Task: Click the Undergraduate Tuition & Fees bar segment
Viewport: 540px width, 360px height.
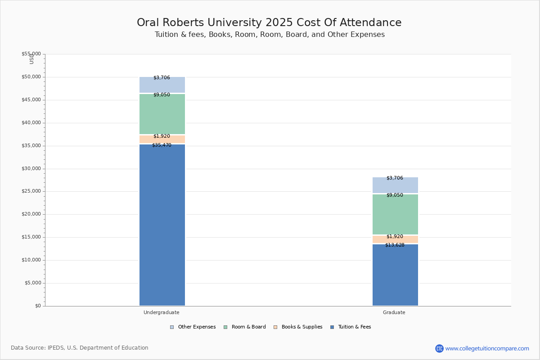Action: tap(162, 225)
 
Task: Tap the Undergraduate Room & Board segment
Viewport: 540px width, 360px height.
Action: tap(162, 115)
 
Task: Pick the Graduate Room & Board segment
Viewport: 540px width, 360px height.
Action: tap(395, 215)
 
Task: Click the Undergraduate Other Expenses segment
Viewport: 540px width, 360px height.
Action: tap(162, 85)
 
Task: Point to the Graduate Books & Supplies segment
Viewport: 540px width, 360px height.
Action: tap(395, 240)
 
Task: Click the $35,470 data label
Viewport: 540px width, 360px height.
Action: tap(162, 145)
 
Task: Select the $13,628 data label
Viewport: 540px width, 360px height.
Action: tap(395, 245)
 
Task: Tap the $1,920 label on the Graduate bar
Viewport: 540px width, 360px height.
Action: tap(395, 237)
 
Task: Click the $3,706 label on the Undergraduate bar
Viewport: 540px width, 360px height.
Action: tap(162, 78)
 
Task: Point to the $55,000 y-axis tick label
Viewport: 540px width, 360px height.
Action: tap(31, 54)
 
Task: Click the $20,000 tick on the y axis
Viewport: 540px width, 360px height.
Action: tap(31, 214)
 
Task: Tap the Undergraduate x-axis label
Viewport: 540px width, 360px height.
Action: tap(162, 312)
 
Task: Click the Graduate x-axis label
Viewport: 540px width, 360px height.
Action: tap(394, 312)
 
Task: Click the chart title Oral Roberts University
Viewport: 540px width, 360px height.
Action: tap(269, 23)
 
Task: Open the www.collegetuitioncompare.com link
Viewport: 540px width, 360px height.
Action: tap(487, 348)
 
